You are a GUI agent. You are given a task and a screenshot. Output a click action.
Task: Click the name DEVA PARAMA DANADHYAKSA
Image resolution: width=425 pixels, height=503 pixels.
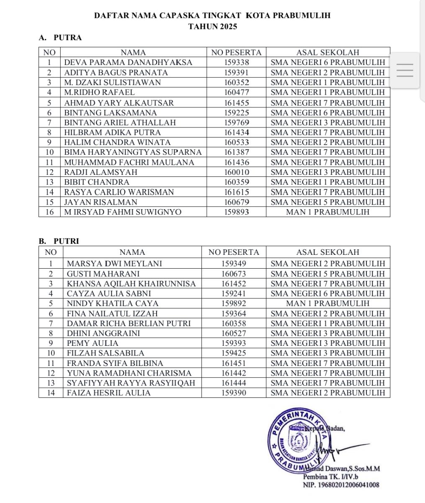click(x=128, y=62)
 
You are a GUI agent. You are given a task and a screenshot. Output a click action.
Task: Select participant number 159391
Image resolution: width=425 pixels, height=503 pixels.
click(x=237, y=73)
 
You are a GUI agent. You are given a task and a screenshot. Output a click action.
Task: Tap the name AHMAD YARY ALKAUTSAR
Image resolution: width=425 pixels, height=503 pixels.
click(x=119, y=103)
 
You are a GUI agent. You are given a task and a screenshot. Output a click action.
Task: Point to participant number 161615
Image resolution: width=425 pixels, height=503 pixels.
click(x=237, y=192)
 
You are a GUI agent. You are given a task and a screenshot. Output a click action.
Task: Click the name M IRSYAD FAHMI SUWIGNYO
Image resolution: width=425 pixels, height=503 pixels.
click(x=123, y=212)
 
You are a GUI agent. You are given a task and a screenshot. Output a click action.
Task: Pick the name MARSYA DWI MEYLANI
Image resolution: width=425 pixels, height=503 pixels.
click(x=114, y=264)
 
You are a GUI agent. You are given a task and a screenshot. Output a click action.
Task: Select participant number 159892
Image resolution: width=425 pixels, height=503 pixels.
click(x=234, y=303)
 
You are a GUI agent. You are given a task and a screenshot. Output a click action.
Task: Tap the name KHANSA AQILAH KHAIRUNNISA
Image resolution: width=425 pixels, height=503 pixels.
click(x=131, y=284)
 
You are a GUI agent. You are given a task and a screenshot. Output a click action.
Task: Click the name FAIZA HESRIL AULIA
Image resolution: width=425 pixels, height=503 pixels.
click(x=109, y=393)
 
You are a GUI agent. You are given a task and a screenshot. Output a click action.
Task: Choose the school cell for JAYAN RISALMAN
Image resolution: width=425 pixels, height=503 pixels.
click(x=328, y=202)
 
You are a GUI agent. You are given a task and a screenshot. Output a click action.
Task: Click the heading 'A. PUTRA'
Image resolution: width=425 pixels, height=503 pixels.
click(x=60, y=38)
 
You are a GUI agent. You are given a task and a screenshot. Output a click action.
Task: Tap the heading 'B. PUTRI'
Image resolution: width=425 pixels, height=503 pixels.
click(x=59, y=241)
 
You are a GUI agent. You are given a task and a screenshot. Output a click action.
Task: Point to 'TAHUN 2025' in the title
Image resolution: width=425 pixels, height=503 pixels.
click(x=212, y=26)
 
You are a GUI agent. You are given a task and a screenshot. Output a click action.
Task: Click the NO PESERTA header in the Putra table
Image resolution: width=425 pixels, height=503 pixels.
click(x=236, y=52)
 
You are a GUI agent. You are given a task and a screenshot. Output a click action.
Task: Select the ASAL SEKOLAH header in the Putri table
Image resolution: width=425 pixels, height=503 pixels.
click(x=328, y=252)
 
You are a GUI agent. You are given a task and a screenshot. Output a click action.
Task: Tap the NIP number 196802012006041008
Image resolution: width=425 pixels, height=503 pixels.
click(x=341, y=485)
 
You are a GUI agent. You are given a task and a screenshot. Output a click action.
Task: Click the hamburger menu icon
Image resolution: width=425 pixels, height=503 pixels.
click(x=404, y=70)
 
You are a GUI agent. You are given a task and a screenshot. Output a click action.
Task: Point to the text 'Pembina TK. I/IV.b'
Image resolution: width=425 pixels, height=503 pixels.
click(x=330, y=477)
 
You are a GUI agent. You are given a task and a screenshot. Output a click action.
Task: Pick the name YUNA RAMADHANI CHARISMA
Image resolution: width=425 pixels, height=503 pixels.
click(x=129, y=373)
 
